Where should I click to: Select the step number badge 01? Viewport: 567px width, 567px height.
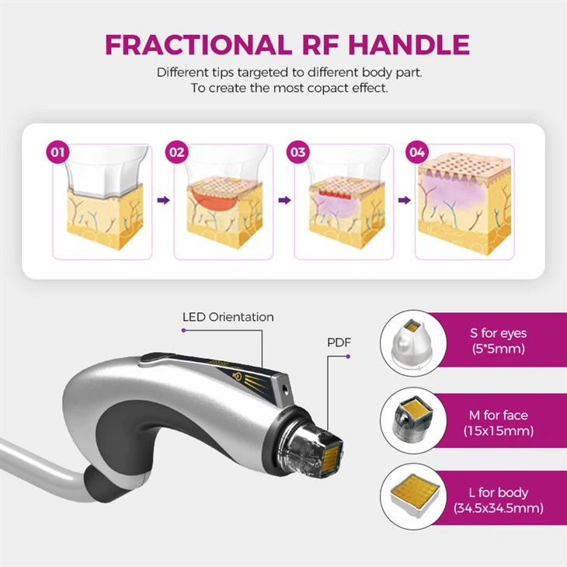pyautogui.click(x=56, y=152)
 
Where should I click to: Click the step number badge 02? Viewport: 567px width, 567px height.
pyautogui.click(x=177, y=152)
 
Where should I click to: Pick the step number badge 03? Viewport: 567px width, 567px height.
pyautogui.click(x=297, y=152)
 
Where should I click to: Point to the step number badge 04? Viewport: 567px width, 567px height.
pyautogui.click(x=418, y=152)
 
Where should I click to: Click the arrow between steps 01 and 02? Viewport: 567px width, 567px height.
pyautogui.click(x=163, y=200)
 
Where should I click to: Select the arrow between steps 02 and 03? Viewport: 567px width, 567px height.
pyautogui.click(x=284, y=200)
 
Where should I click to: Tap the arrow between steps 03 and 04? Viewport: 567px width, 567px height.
pyautogui.click(x=405, y=200)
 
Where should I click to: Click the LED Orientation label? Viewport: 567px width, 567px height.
pyautogui.click(x=228, y=317)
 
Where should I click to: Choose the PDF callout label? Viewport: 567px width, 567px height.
pyautogui.click(x=339, y=343)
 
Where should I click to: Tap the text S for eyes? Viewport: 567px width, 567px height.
pyautogui.click(x=498, y=333)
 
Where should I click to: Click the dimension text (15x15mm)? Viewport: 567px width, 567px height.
pyautogui.click(x=498, y=430)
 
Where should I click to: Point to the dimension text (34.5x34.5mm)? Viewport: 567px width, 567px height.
pyautogui.click(x=498, y=509)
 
